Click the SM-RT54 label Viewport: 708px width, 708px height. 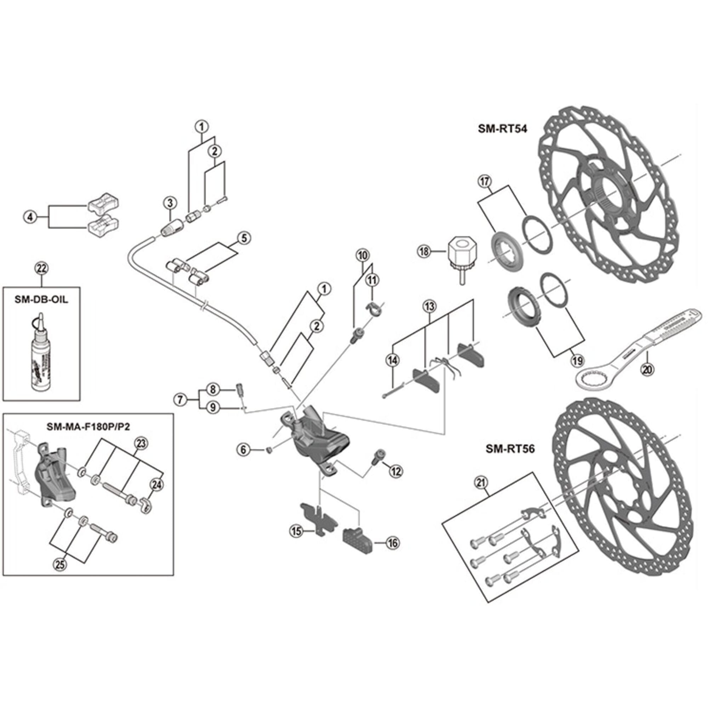(502, 129)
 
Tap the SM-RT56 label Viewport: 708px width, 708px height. (510, 449)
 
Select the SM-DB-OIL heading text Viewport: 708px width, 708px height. (41, 299)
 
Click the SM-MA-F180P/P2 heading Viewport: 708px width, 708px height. (88, 427)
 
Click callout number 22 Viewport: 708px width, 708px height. (41, 268)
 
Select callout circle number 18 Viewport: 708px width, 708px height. (424, 251)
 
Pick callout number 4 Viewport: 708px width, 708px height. (30, 217)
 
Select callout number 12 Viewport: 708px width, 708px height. (396, 471)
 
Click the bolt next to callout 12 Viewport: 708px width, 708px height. (377, 457)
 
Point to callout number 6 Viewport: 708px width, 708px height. (244, 449)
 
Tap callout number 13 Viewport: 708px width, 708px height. (429, 306)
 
